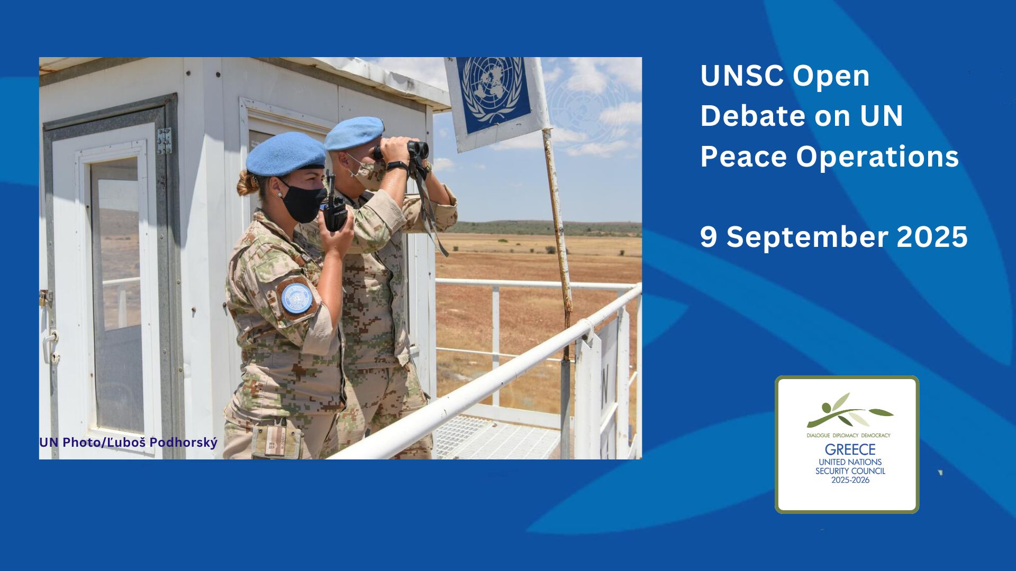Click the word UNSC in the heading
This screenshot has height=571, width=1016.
(741, 76)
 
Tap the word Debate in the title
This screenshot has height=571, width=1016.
(753, 116)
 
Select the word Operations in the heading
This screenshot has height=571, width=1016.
(877, 157)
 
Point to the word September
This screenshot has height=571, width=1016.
(807, 237)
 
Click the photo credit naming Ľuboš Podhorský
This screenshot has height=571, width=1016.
(128, 442)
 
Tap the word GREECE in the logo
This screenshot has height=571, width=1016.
(850, 449)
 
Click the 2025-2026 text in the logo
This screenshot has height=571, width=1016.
(850, 480)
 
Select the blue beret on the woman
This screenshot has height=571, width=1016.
(286, 154)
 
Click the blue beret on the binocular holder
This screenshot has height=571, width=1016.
(354, 133)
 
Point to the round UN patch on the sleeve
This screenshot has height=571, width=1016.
(296, 299)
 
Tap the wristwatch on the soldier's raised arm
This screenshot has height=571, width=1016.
(397, 166)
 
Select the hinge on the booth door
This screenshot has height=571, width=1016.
(164, 141)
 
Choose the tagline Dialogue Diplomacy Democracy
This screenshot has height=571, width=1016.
(848, 436)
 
